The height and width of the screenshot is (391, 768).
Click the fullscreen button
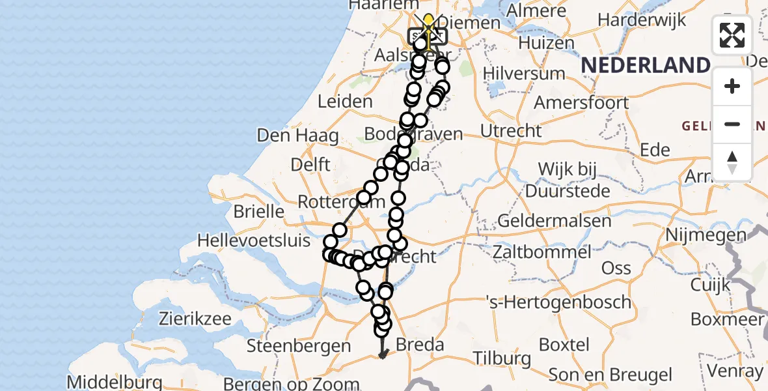click(x=732, y=35)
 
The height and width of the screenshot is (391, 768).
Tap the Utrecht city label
click(x=510, y=130)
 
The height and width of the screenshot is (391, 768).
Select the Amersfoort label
click(x=581, y=102)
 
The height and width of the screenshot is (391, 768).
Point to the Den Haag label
click(x=298, y=136)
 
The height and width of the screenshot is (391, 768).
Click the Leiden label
click(x=345, y=102)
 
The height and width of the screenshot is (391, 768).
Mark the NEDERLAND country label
click(x=645, y=65)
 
